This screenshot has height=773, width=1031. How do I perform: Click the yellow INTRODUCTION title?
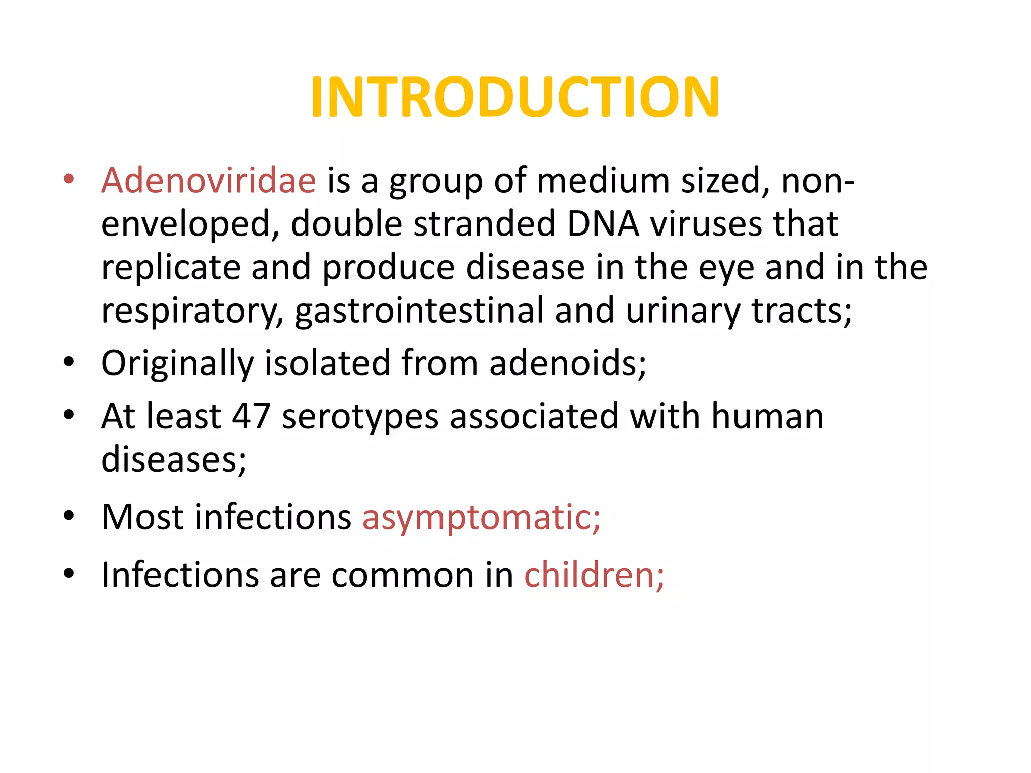click(515, 97)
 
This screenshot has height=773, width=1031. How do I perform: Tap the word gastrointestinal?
click(419, 311)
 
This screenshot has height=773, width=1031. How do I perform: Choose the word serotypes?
click(360, 417)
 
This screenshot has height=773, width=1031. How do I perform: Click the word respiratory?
click(192, 311)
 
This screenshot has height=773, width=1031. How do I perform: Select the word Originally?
click(177, 363)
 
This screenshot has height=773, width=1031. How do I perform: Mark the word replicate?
click(171, 267)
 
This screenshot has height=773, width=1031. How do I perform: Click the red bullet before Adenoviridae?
click(69, 179)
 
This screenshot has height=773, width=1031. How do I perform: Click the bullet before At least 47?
click(69, 415)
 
